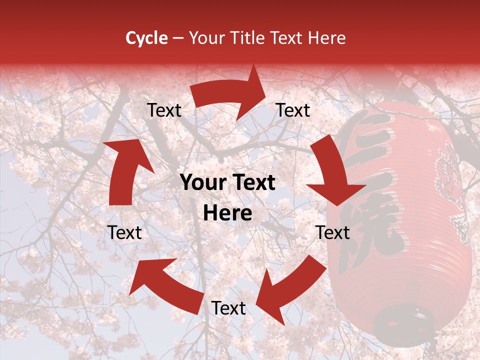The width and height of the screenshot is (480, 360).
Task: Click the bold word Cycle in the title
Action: (146, 38)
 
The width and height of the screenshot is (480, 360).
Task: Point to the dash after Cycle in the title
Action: (177, 38)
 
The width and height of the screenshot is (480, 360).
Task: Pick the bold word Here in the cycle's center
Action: (227, 213)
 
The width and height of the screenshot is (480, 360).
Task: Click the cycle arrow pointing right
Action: (230, 92)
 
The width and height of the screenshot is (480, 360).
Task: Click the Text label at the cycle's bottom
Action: (228, 308)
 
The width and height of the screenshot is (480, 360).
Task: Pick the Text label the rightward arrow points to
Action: (293, 110)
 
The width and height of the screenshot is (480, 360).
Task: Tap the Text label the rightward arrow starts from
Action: (164, 110)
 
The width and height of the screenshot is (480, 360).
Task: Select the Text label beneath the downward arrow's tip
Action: (333, 232)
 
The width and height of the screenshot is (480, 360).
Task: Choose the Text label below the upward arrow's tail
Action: (125, 232)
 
